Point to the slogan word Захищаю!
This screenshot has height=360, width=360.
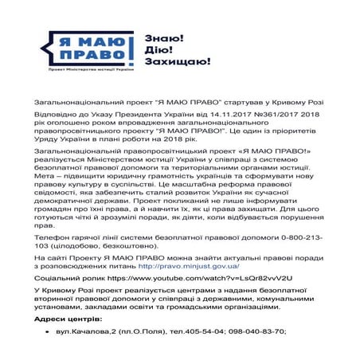pos(178,61)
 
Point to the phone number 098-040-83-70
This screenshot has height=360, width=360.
pos(253,331)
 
